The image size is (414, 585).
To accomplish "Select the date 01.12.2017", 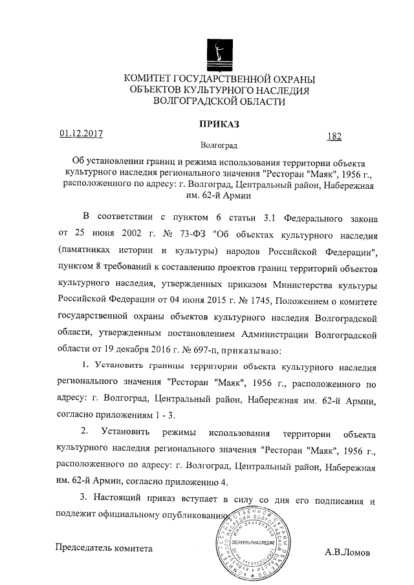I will click(x=82, y=134).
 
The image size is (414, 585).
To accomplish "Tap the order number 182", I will click(x=334, y=136).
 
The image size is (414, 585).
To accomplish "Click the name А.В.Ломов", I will click(x=347, y=553).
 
